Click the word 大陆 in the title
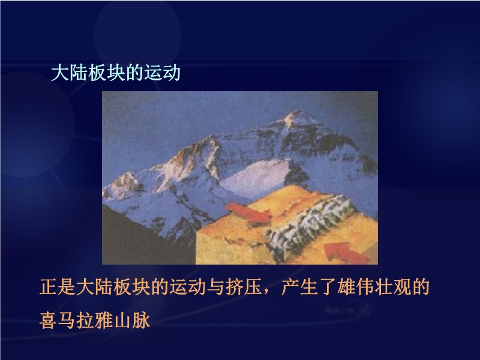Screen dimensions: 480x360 tap(70, 73)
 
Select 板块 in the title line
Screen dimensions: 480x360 tap(107, 73)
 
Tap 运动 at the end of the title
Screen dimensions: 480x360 tap(162, 73)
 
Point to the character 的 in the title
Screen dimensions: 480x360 tap(134, 73)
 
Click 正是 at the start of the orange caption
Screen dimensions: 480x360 tap(58, 287)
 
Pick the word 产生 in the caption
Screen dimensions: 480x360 tap(299, 287)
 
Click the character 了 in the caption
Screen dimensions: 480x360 tap(327, 287)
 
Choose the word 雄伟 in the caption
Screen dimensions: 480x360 tap(355, 287)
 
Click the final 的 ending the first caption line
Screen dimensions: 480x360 tap(421, 287)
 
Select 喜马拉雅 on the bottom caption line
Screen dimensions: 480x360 tap(77, 320)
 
